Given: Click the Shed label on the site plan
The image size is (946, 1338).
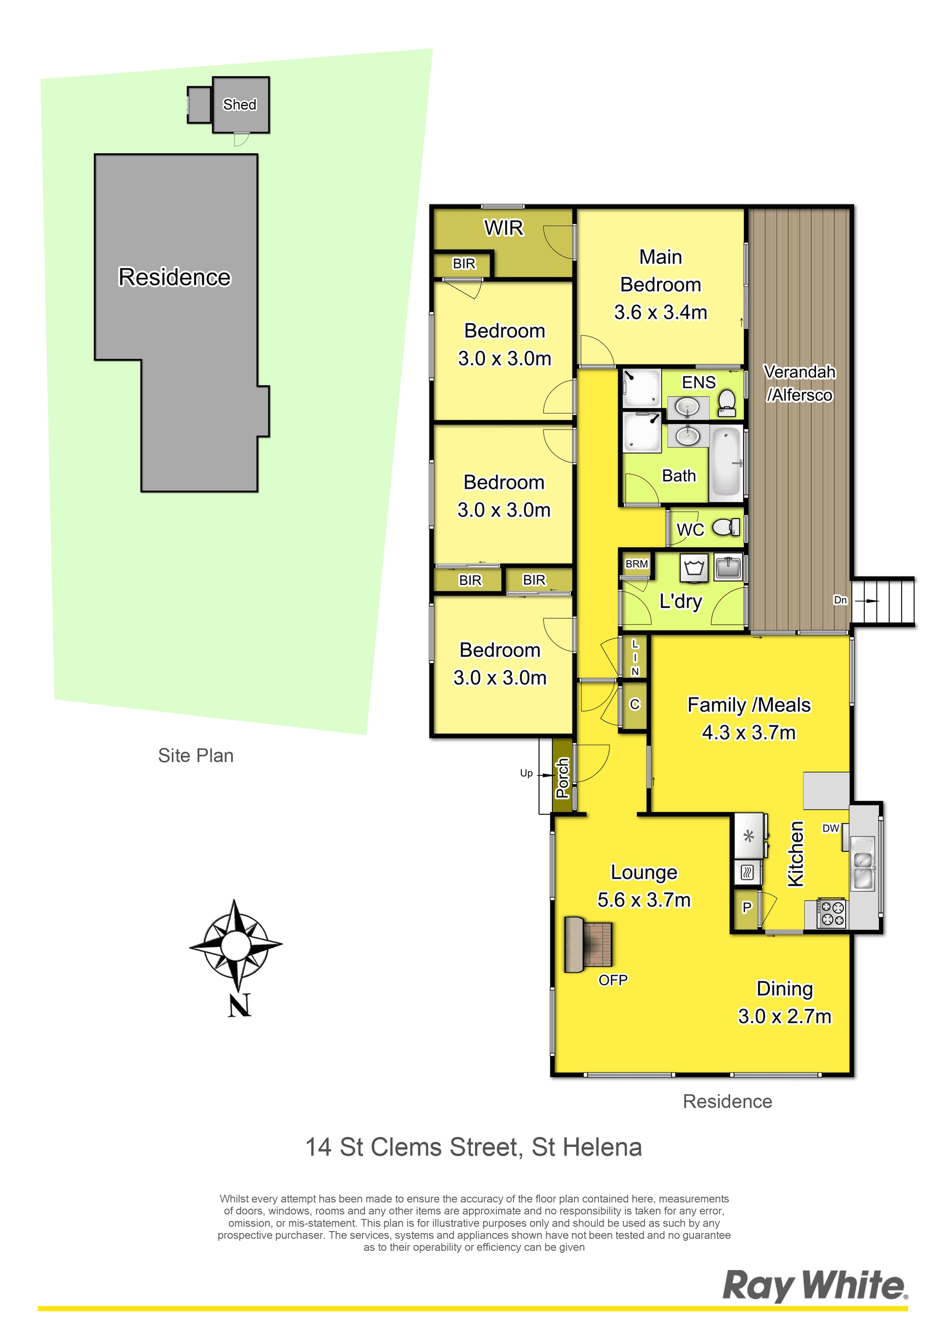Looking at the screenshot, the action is tap(239, 104).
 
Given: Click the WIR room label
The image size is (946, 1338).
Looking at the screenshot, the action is tap(504, 228).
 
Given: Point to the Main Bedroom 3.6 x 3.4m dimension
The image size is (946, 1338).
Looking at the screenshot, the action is tap(660, 312).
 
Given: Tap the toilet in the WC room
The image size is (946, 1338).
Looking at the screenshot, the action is tap(726, 528).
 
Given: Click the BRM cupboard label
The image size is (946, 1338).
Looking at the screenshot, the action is tap(637, 564).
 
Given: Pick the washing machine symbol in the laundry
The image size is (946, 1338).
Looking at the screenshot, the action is tap(694, 568).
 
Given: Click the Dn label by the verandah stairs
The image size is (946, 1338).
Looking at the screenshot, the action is tap(840, 600).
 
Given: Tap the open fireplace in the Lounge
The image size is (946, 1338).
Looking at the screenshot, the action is tap(589, 945).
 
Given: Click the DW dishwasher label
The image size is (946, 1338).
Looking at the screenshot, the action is tap(831, 828).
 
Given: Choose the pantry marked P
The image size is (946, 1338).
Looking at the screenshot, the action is tap(746, 907).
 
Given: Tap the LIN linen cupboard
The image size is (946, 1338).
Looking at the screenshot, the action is tap(635, 657).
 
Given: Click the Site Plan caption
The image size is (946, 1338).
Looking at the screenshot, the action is tap(196, 755).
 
